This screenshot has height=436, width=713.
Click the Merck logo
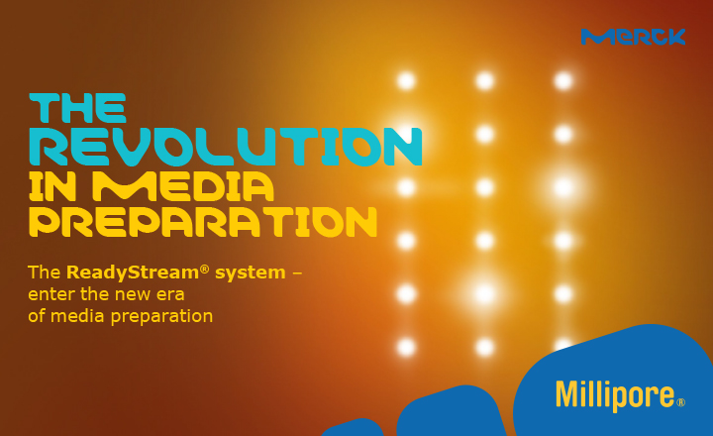pos(633,37)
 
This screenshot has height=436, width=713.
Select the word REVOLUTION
pos(226,147)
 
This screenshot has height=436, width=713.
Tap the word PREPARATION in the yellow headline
pos(203,222)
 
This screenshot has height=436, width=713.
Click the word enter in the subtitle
pos(51,294)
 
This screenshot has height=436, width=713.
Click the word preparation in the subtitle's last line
pos(162,317)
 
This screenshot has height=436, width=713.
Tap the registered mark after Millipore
pos(680,402)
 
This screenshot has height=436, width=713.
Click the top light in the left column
pos(406,80)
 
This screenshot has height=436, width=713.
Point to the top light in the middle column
pos(484,80)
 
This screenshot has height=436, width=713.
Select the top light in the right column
pos(563,80)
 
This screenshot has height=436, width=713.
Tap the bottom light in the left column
pos(406,346)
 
